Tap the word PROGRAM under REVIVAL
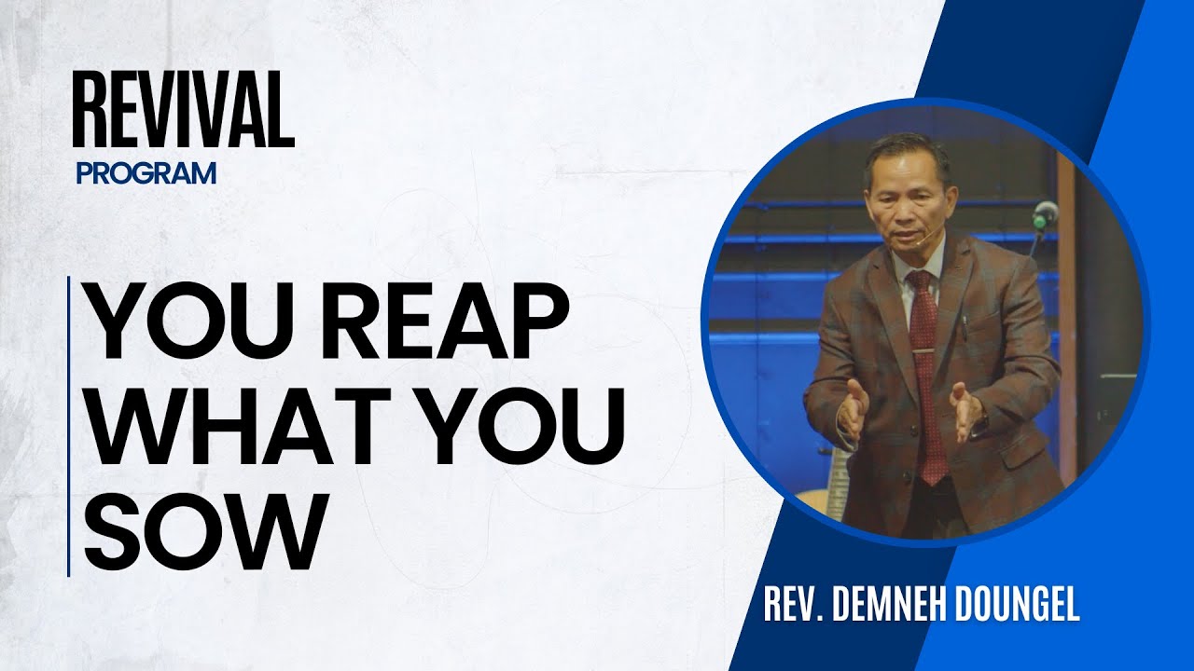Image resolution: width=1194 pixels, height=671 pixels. [x=148, y=173]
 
